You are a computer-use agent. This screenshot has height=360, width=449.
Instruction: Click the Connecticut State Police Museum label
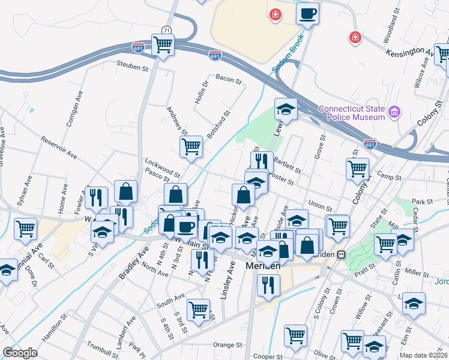[351, 113]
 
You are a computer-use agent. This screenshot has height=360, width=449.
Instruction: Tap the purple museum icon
[394, 112]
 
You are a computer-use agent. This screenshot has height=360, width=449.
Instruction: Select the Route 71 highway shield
[166, 30]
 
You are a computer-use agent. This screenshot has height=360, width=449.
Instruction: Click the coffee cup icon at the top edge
[308, 13]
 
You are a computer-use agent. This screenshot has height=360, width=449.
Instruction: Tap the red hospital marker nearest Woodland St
[355, 38]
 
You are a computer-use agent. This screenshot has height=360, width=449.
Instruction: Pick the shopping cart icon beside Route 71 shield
[162, 44]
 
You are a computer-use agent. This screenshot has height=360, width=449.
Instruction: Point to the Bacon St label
[228, 79]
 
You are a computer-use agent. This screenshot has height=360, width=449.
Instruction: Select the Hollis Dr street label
[200, 92]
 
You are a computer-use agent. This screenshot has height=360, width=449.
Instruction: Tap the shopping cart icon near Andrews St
[191, 146]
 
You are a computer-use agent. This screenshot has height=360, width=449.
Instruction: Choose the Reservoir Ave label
[59, 148]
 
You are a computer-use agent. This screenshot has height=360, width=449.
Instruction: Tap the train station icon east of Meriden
[341, 254]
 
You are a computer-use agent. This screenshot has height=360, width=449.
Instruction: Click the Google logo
[20, 353]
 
